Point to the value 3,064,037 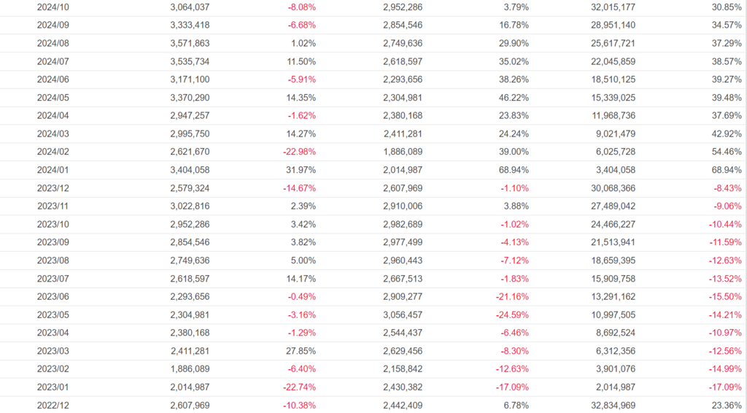tap(189, 7)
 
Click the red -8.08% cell tap(300, 7)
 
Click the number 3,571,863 tap(189, 44)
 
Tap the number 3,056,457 tap(402, 314)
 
